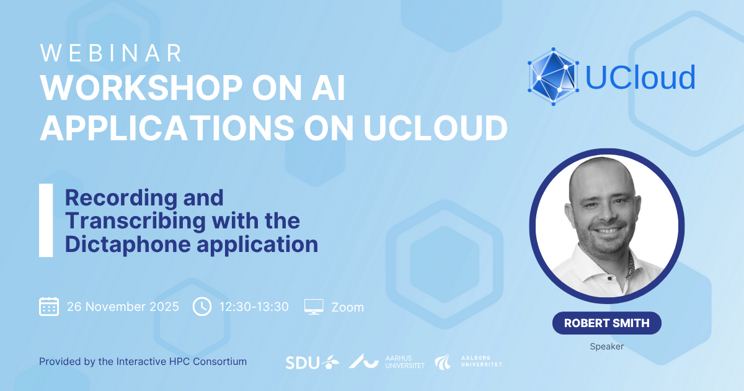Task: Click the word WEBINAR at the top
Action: click(x=111, y=53)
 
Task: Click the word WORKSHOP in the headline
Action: click(x=141, y=88)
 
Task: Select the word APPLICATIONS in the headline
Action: click(x=167, y=128)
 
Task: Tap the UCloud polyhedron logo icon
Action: click(x=553, y=76)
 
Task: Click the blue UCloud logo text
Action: click(x=640, y=77)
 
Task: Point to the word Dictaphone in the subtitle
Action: click(x=128, y=245)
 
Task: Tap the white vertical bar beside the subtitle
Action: click(x=46, y=220)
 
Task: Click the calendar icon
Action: click(x=49, y=307)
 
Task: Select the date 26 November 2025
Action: click(x=123, y=307)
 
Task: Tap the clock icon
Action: click(x=202, y=307)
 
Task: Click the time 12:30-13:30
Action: click(x=254, y=307)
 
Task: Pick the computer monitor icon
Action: click(x=314, y=307)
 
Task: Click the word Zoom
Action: click(x=347, y=307)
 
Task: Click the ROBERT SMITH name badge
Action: click(x=607, y=323)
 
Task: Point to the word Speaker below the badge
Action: click(x=607, y=346)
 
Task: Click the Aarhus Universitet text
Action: click(x=405, y=362)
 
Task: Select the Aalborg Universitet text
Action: click(x=482, y=361)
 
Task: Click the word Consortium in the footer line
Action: click(x=220, y=361)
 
